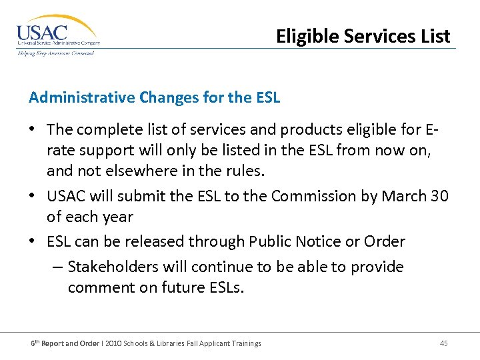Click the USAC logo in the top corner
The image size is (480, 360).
(x=57, y=35)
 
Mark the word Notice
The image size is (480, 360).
(x=319, y=241)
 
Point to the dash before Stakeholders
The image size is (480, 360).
(x=57, y=267)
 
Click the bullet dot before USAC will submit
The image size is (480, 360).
(x=33, y=197)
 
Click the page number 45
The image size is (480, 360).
(x=444, y=343)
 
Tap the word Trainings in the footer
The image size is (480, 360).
(x=244, y=343)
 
